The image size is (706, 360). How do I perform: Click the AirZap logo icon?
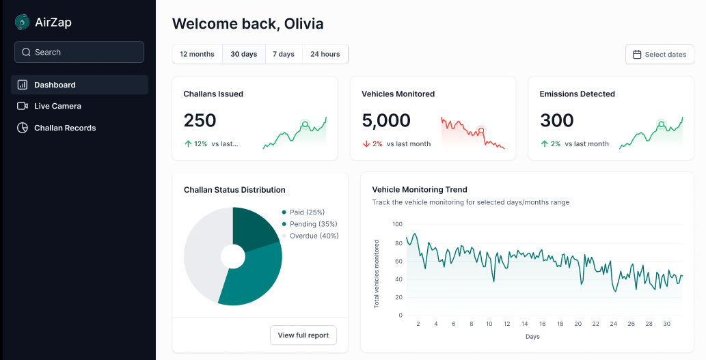(x=22, y=22)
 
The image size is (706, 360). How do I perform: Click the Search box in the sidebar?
(x=79, y=52)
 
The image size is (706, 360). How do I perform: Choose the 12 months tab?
(x=198, y=54)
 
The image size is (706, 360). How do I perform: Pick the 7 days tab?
(x=284, y=54)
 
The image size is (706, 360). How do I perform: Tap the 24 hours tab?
(x=325, y=54)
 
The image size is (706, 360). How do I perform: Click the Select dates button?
(x=660, y=55)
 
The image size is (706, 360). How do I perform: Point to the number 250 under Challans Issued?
(x=200, y=120)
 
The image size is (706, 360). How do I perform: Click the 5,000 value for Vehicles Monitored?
(x=386, y=120)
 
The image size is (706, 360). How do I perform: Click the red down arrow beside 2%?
(x=366, y=144)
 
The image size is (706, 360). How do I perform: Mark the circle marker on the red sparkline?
(x=481, y=130)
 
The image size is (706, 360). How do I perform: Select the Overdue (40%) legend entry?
(x=310, y=236)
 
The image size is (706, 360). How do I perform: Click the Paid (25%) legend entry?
(x=303, y=212)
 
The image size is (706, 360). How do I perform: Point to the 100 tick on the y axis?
(x=398, y=224)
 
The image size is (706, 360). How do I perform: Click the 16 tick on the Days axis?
(x=543, y=324)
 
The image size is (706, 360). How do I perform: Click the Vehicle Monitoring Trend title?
(x=420, y=190)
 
